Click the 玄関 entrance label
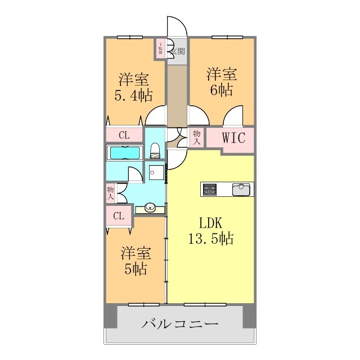178,52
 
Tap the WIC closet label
233,138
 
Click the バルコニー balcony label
179,325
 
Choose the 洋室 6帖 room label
221,82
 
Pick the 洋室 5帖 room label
135,262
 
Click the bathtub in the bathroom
125,153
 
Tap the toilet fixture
156,151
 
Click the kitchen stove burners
210,190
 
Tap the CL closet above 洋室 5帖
119,216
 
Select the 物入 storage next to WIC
197,138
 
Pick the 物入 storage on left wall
110,194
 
